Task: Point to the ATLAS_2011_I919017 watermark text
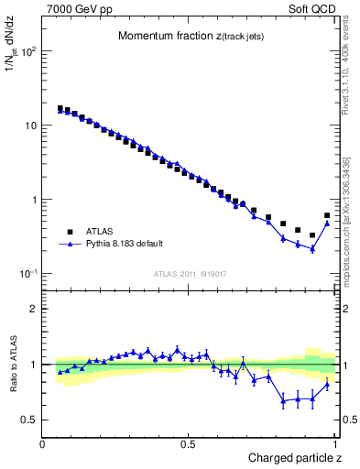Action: [x=190, y=273]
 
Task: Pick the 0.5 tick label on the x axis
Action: [x=189, y=444]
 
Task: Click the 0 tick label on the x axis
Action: [x=43, y=444]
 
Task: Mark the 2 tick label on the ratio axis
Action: [x=33, y=309]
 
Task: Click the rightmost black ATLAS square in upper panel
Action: [x=327, y=216]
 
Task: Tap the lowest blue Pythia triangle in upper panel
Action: [x=312, y=248]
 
